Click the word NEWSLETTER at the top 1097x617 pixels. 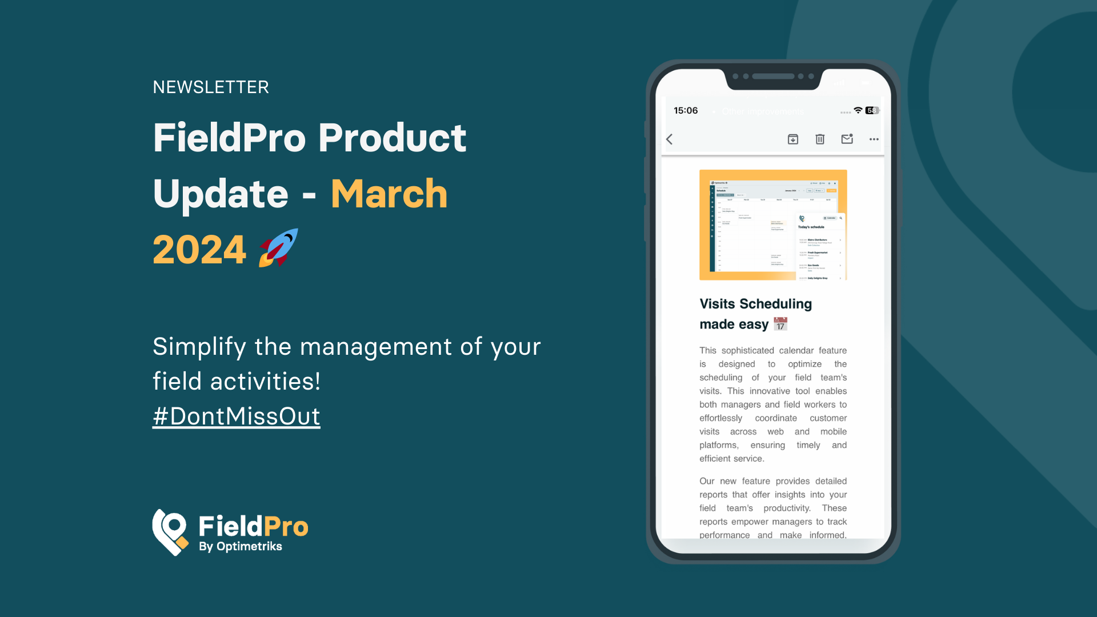tap(211, 87)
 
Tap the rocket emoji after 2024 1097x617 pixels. tap(279, 249)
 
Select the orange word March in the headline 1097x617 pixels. tap(389, 194)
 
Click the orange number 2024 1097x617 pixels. tap(199, 250)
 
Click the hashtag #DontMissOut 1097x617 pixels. tap(236, 416)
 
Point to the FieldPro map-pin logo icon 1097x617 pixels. tap(170, 532)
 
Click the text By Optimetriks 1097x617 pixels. tap(240, 546)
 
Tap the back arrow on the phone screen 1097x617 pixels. tap(670, 139)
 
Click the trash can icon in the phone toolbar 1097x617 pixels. tap(820, 139)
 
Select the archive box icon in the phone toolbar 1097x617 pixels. tap(793, 139)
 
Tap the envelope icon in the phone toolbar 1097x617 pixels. tap(847, 139)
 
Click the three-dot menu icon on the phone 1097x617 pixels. tap(874, 139)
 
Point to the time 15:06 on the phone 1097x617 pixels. tap(686, 110)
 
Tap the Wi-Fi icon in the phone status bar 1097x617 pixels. tap(858, 110)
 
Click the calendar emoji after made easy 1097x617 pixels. tap(780, 324)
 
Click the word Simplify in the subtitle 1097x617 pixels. tap(199, 347)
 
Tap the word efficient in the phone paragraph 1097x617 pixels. tap(716, 458)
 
